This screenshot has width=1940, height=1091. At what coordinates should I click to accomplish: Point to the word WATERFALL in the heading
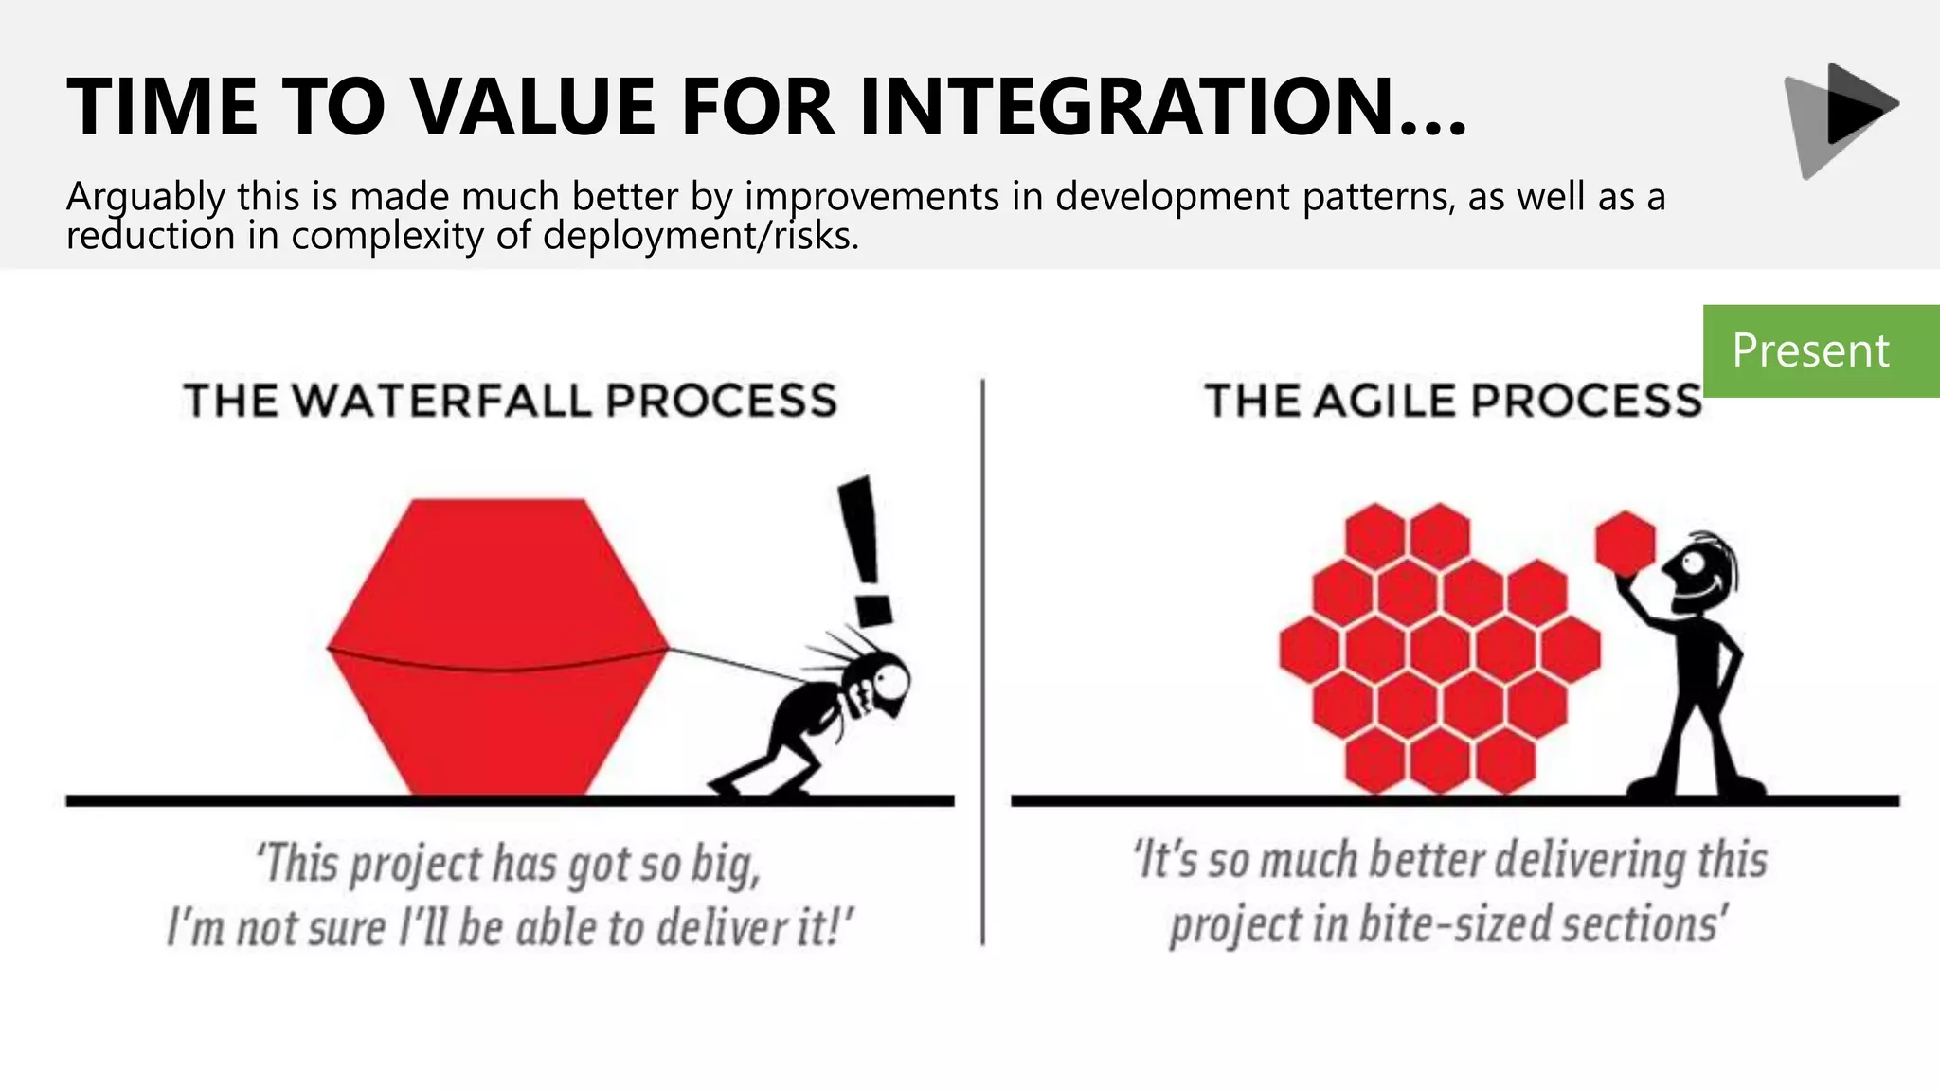[444, 401]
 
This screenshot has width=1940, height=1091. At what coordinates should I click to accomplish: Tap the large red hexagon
[497, 644]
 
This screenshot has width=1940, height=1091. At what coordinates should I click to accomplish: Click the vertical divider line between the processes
[982, 663]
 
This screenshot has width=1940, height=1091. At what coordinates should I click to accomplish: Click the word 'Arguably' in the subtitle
[145, 198]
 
